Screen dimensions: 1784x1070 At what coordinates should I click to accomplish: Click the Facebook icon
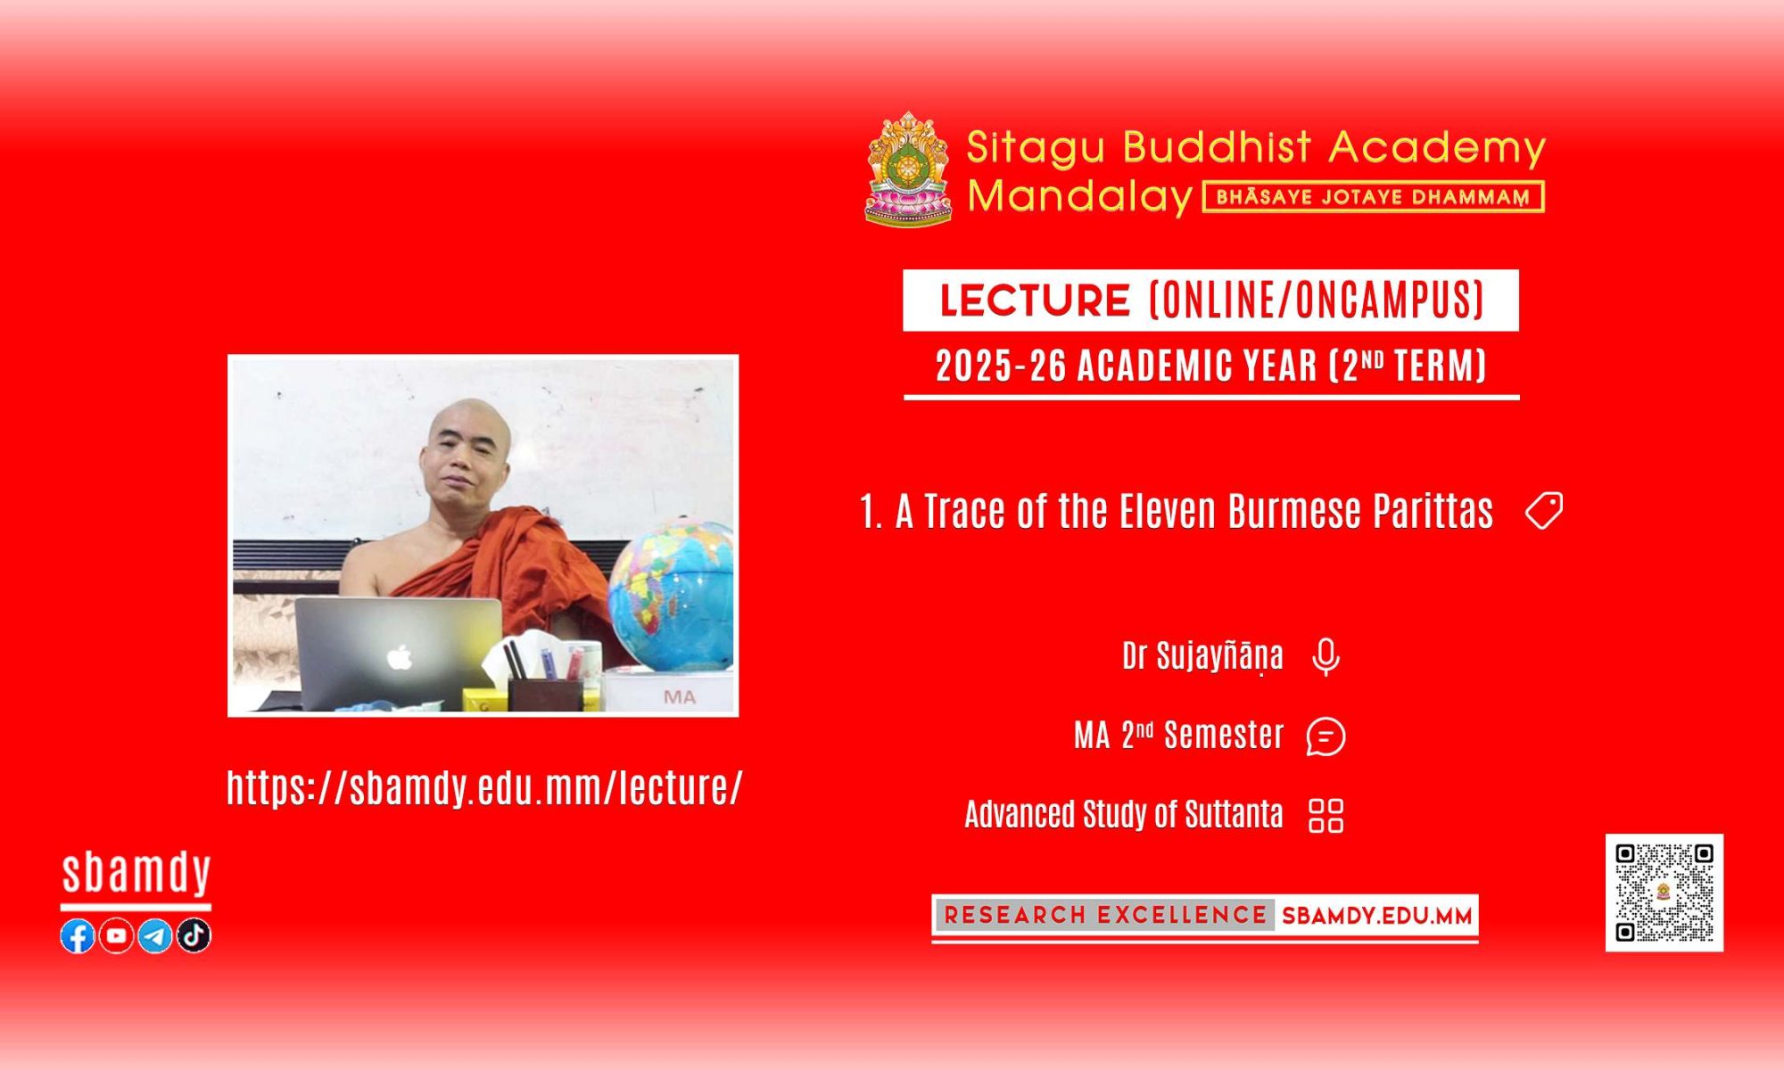[78, 936]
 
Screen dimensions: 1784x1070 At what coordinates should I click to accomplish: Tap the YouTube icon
[116, 936]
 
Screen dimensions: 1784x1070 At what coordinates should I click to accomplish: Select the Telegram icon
[155, 936]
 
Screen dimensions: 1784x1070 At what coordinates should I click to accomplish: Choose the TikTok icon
[194, 936]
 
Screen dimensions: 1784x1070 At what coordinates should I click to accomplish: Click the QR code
[1664, 893]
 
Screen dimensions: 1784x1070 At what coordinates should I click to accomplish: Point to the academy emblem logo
[908, 169]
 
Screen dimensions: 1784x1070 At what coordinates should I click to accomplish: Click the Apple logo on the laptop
[400, 658]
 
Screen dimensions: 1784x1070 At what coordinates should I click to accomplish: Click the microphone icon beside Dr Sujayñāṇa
[1326, 658]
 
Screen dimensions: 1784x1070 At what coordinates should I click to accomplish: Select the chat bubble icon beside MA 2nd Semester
[1326, 737]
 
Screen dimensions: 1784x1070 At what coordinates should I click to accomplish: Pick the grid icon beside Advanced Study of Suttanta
[1326, 815]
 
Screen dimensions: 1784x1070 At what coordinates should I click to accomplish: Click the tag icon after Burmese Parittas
[1544, 511]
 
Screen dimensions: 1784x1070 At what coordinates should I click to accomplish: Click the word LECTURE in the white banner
[1035, 300]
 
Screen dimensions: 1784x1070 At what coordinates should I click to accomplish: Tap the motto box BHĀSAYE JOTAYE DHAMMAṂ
[1374, 197]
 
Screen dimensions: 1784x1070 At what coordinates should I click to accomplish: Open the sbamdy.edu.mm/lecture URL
[484, 788]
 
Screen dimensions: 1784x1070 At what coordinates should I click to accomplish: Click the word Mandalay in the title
[1080, 196]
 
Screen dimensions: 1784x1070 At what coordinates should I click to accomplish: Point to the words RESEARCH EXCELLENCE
[1105, 916]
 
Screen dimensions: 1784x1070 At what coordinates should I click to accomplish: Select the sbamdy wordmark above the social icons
[136, 874]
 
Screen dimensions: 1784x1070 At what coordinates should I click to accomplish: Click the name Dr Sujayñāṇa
[1202, 657]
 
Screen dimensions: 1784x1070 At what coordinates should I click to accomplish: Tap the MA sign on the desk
[680, 696]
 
